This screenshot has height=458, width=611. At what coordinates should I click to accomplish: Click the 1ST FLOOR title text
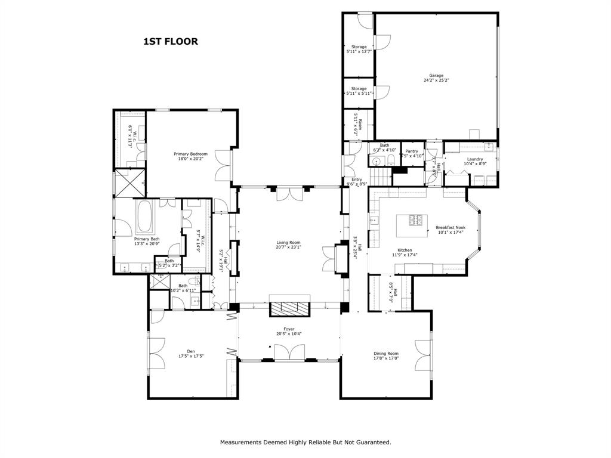pyautogui.click(x=170, y=42)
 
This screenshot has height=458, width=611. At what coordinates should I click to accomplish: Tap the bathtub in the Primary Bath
pyautogui.click(x=145, y=218)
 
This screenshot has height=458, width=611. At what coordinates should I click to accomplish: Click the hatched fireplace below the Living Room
pyautogui.click(x=289, y=308)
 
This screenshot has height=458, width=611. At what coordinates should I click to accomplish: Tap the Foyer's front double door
pyautogui.click(x=289, y=353)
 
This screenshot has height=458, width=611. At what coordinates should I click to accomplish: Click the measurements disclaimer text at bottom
pyautogui.click(x=305, y=442)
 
